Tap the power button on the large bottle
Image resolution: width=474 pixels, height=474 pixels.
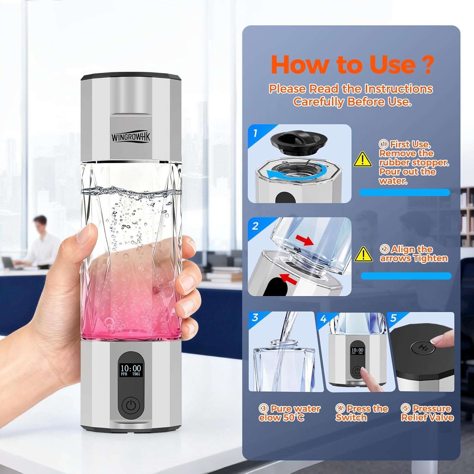[x=131, y=405]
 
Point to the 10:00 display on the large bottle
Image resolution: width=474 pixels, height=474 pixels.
[x=131, y=368]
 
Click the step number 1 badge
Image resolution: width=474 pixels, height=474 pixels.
[x=255, y=133]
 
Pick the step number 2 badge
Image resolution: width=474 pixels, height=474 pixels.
[x=255, y=226]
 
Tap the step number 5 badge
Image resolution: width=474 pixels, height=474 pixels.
[x=393, y=318]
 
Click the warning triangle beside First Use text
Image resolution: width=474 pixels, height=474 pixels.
[x=362, y=159]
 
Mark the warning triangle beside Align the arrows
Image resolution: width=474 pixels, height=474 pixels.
[x=363, y=255]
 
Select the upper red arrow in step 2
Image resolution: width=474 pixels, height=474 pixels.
[x=306, y=240]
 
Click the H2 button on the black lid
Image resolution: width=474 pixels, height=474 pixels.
[x=423, y=348]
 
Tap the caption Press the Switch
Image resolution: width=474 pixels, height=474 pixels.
[x=362, y=413]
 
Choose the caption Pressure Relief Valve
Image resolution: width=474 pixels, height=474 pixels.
[x=427, y=413]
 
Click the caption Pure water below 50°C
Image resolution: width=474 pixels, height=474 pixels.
[x=289, y=413]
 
